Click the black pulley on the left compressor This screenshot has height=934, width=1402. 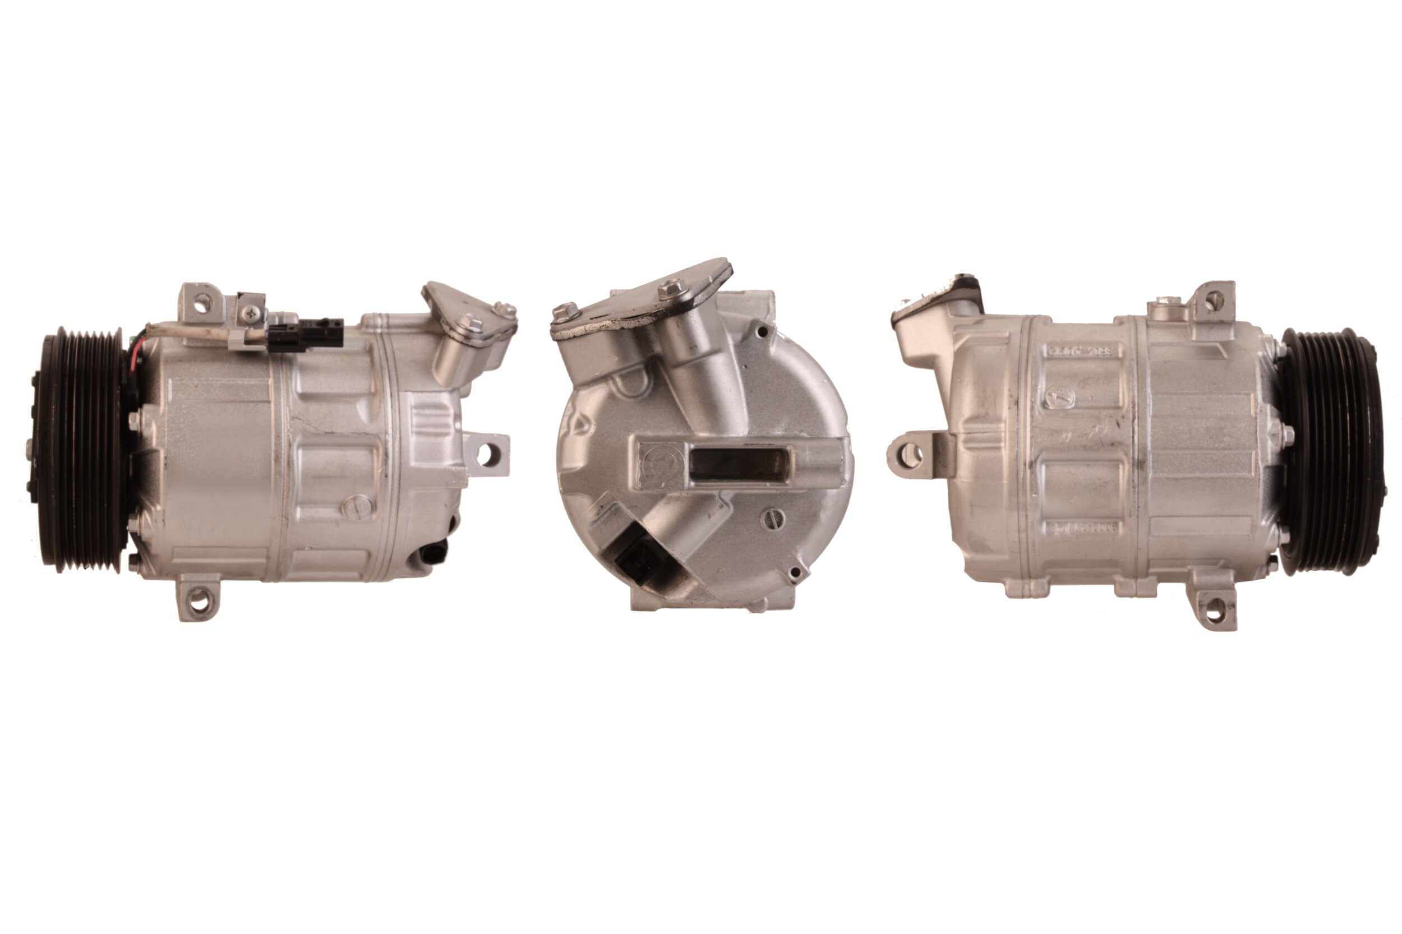[x=80, y=450]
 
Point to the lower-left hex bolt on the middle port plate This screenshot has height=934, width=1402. [x=564, y=312]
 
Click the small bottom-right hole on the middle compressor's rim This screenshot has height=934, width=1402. [x=794, y=573]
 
